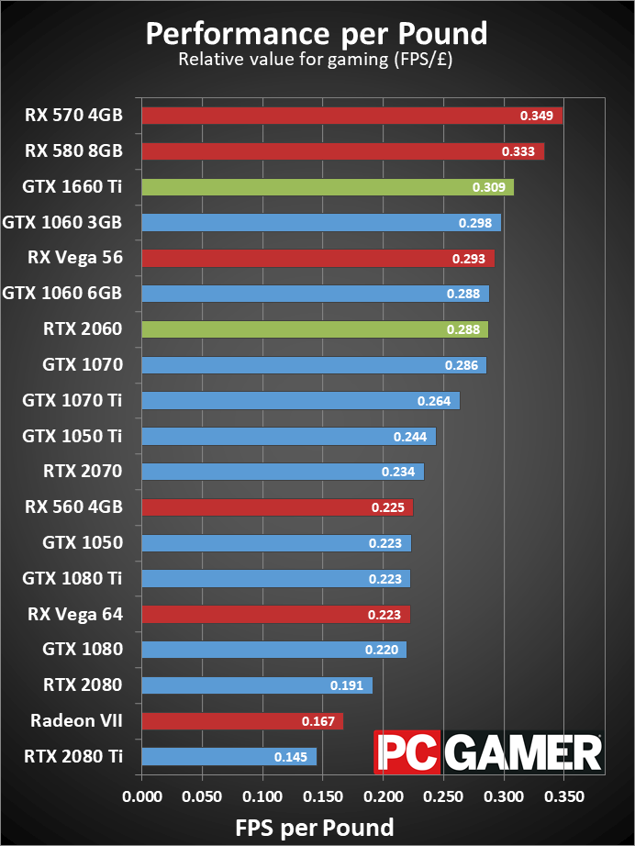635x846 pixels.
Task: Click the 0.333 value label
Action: (x=518, y=151)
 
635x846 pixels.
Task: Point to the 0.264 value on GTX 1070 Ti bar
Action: (x=433, y=401)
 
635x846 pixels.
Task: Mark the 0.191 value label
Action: (x=347, y=685)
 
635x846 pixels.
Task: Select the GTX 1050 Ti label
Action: (x=72, y=436)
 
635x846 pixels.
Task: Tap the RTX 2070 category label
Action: (x=83, y=472)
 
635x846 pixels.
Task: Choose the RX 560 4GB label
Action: (x=75, y=506)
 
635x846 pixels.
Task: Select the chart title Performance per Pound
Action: (x=317, y=34)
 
